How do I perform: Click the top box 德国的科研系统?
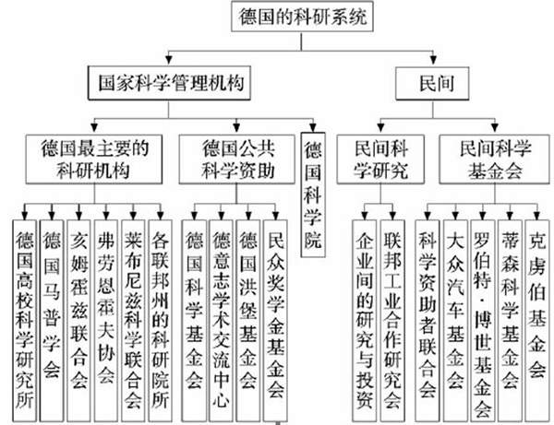302,17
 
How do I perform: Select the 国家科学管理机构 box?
169,83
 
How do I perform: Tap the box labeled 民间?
432,83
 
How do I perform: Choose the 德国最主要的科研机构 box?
94,159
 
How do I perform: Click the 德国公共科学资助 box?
236,159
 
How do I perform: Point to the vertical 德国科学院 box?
313,195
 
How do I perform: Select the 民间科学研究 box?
380,159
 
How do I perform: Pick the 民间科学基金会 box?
494,159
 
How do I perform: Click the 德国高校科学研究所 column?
24,321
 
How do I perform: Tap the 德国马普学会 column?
52,321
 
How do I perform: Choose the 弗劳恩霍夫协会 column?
106,321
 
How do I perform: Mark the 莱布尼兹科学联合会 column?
133,321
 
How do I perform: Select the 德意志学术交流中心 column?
222,321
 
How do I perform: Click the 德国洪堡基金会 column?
248,321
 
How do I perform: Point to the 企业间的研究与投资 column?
365,321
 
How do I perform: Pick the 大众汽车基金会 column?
455,321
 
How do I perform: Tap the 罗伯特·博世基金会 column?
483,321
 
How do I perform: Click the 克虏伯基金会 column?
537,321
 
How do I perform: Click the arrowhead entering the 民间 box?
433,60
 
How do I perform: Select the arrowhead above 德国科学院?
313,127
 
